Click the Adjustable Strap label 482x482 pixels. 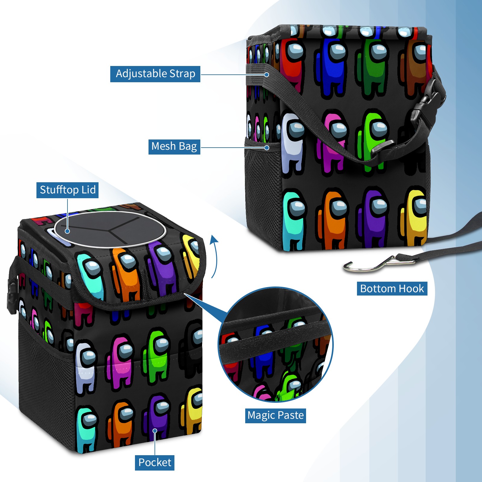[x=155, y=74]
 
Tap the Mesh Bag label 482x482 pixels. [x=174, y=146]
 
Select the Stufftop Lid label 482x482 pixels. [x=67, y=190]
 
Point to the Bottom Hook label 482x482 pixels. [x=392, y=289]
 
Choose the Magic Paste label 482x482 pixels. [x=275, y=415]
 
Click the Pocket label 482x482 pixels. [x=155, y=462]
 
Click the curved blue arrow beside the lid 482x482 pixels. [x=214, y=256]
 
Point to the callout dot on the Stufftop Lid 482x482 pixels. [x=67, y=231]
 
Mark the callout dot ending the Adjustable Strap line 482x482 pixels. [x=267, y=74]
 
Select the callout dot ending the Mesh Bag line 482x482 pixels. [x=267, y=148]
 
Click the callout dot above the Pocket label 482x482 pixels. [x=155, y=431]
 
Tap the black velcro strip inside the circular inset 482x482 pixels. [x=274, y=340]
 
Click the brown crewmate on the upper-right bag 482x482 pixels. [x=414, y=68]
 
